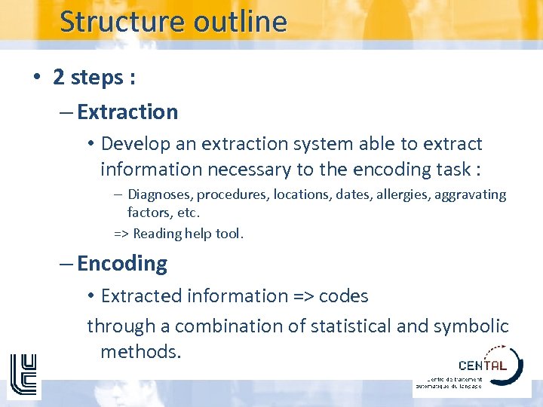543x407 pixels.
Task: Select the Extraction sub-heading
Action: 127,112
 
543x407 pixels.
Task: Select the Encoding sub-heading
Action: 122,264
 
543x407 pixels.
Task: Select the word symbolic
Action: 471,326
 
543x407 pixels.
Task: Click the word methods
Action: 140,351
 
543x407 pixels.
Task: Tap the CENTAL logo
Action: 483,366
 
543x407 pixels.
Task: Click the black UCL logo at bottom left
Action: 23,374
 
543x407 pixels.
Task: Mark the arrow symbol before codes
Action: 303,296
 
